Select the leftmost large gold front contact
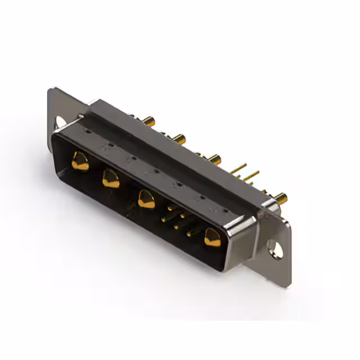80,162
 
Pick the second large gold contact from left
111,179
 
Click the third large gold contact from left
146,199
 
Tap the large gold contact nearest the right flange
213,237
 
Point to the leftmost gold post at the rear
148,120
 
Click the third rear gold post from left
214,159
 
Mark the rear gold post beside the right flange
280,197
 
